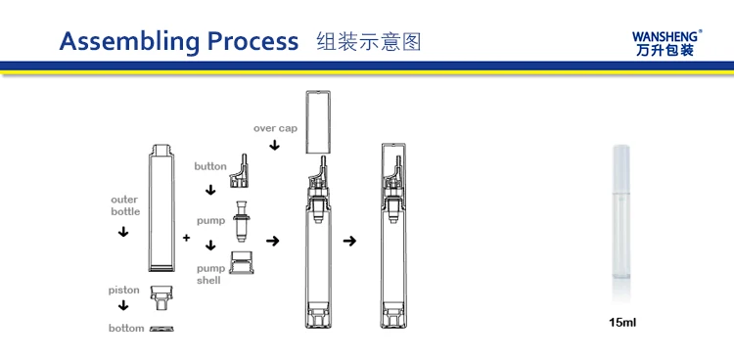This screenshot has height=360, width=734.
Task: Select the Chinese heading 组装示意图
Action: coord(369,42)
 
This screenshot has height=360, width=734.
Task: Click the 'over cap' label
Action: coord(275,128)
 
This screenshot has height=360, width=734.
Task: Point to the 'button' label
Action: coord(210,166)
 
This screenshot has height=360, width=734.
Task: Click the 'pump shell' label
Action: coord(210,274)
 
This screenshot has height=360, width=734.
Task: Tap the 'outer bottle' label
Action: coord(125,205)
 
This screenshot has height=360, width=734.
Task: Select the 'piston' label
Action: coord(123,291)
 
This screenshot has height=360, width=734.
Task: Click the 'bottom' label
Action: coord(126,328)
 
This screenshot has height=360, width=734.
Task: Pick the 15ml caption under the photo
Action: coord(622,322)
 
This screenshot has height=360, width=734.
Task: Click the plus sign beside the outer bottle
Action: coord(186,238)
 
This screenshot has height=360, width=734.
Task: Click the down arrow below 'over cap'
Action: coord(275,145)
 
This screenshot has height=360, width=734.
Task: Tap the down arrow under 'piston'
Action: coord(123,305)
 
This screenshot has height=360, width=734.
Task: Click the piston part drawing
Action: coord(161,298)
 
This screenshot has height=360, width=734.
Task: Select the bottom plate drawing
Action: coord(161,329)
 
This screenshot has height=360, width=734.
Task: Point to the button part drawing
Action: coord(239,171)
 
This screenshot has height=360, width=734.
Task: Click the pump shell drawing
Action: coord(242,262)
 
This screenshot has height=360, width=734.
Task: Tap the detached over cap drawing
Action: coord(318,122)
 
